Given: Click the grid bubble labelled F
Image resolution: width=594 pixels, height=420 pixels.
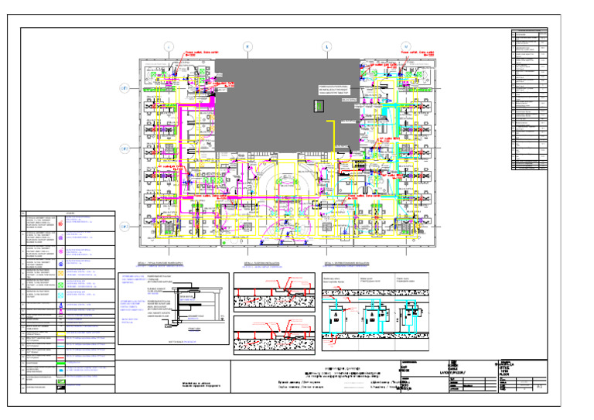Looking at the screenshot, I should pos(247,46).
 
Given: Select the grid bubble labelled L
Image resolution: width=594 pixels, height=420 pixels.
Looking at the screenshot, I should pos(326,46).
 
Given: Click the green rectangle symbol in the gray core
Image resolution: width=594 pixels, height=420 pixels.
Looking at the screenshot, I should pos(316,104).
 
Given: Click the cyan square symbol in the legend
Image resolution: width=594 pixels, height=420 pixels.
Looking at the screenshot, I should pos(60,305).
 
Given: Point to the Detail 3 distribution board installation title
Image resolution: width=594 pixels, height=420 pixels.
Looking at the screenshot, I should pos(355,263).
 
